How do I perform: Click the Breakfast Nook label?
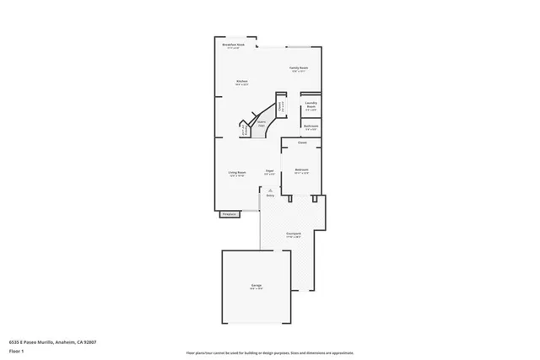pos(234,44)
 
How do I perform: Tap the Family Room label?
pos(299,68)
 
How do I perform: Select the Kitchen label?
pos(240,83)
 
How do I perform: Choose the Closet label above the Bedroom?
pos(302,142)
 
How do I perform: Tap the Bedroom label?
pos(301,171)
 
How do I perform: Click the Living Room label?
pos(236,175)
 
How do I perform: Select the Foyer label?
pos(270,172)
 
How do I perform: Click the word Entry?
pos(270,196)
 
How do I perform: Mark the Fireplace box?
pos(228,215)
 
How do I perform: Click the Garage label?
pos(256,287)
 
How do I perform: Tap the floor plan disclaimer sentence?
pos(269,353)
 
